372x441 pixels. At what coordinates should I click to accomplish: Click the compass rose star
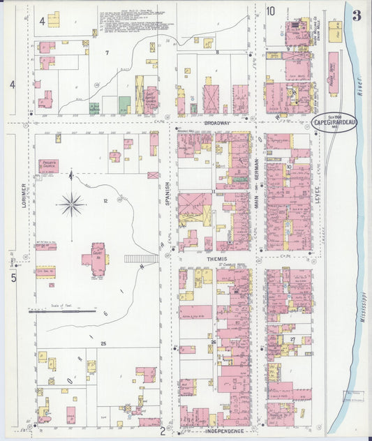[71, 204]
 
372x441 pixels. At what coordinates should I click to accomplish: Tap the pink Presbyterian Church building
[48, 166]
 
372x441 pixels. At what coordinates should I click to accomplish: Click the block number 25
[103, 344]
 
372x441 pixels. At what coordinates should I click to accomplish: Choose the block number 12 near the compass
[105, 201]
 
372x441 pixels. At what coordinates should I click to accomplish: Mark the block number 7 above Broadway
[107, 53]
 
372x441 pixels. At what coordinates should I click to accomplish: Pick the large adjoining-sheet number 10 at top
[270, 10]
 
